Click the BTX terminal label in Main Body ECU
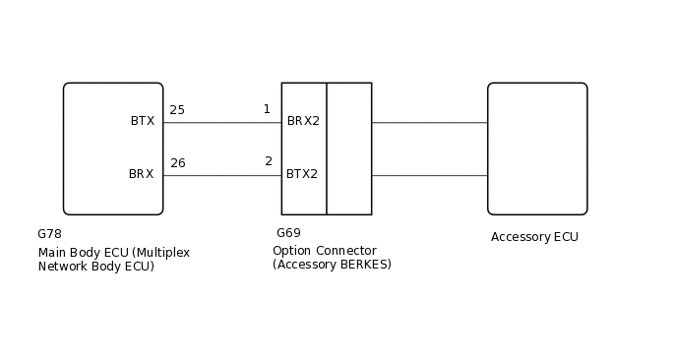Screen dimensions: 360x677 point(142,121)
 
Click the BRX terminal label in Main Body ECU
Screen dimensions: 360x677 point(141,174)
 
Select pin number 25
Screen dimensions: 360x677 point(177,110)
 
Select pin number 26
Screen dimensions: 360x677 point(177,163)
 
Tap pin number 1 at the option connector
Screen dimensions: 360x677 point(267,109)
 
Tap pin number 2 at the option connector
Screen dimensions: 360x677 point(269,161)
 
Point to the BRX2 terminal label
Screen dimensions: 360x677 point(303,122)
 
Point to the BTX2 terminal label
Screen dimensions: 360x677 point(302,174)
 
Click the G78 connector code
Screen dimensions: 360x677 point(49,234)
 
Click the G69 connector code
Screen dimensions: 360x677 point(288,233)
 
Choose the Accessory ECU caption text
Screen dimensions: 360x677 point(534,237)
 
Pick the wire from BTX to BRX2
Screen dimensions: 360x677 point(221,123)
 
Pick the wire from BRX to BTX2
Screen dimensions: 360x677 point(221,176)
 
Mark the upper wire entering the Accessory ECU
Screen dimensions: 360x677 point(429,123)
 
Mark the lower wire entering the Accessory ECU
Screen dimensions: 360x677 point(429,176)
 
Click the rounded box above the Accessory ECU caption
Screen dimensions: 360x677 point(537,148)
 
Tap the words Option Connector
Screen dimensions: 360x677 point(324,251)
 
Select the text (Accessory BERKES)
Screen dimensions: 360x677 point(332,265)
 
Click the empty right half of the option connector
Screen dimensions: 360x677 point(349,148)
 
